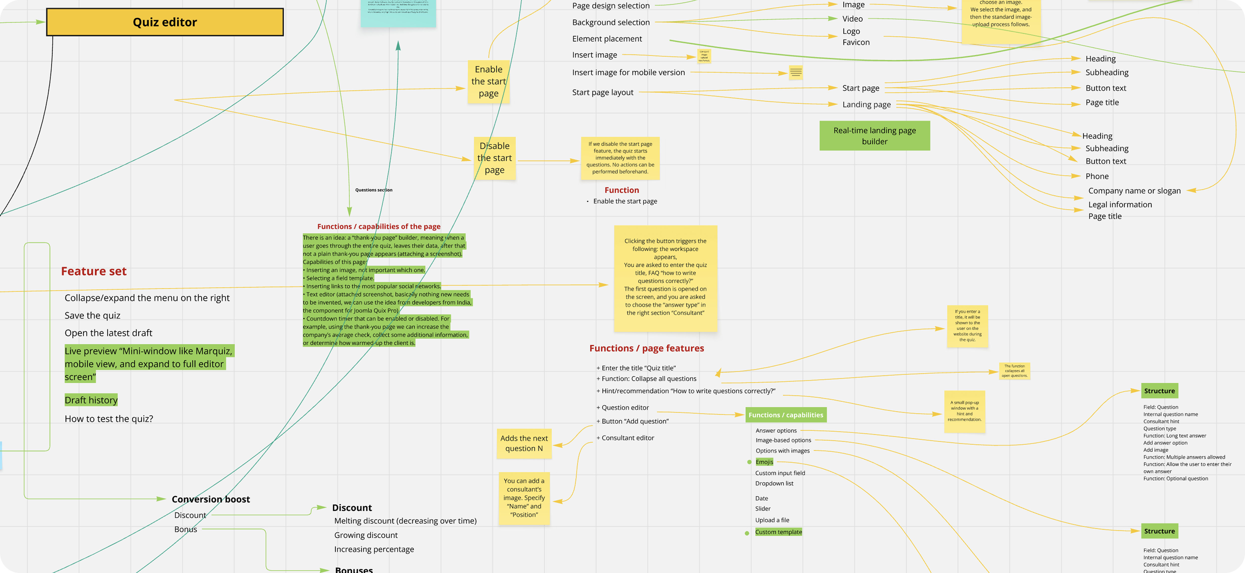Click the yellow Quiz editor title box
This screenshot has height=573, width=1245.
[165, 22]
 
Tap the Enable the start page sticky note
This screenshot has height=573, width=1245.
[489, 81]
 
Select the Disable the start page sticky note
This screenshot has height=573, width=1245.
[495, 158]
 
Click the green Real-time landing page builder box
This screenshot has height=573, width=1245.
[874, 136]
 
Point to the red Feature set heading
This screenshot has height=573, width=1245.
[94, 271]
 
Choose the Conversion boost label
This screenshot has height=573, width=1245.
[211, 499]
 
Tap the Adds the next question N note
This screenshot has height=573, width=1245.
[524, 443]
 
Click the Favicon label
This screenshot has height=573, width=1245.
[856, 42]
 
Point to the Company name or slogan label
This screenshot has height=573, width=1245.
[1134, 191]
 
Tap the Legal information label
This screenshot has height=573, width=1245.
[1120, 204]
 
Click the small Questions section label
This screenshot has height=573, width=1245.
[374, 190]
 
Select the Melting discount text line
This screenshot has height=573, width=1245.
[405, 521]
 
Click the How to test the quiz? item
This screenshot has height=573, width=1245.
[109, 419]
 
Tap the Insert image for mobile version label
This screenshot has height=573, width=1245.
[628, 72]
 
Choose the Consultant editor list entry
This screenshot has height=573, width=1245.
[627, 438]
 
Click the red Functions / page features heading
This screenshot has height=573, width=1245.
[646, 348]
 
